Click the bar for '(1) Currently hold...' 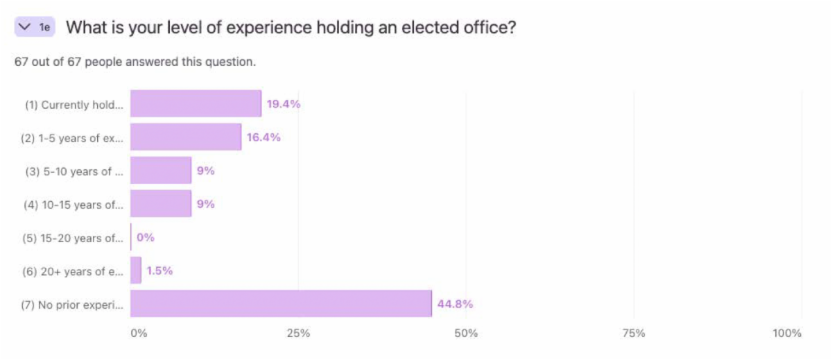(x=196, y=104)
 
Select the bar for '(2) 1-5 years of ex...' (x=186, y=137)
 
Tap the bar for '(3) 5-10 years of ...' (x=161, y=171)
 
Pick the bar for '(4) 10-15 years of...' (x=161, y=204)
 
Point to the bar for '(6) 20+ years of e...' (x=136, y=271)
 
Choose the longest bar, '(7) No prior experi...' (x=281, y=304)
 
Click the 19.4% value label (x=284, y=105)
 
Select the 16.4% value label (x=263, y=137)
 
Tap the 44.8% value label (x=455, y=304)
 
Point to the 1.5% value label (x=159, y=271)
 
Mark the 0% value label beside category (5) (x=146, y=237)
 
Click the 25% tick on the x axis (x=298, y=334)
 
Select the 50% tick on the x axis (x=466, y=334)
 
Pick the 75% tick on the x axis (x=634, y=334)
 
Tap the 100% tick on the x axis (x=787, y=334)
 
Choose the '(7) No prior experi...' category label (x=73, y=305)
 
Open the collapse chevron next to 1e (x=26, y=27)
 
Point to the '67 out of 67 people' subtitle (x=135, y=62)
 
